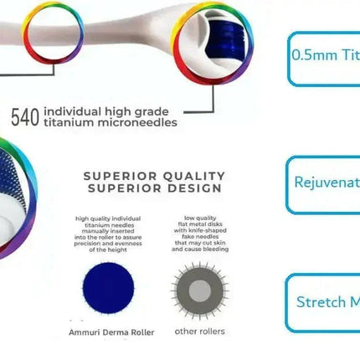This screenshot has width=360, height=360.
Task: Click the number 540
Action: [x=25, y=117]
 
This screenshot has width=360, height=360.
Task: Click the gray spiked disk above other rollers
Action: [x=199, y=290]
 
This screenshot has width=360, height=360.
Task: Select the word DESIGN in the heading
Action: [x=190, y=188]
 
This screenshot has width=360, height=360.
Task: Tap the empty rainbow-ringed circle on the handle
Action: [x=53, y=37]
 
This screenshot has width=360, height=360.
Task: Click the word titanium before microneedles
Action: [x=72, y=124]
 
